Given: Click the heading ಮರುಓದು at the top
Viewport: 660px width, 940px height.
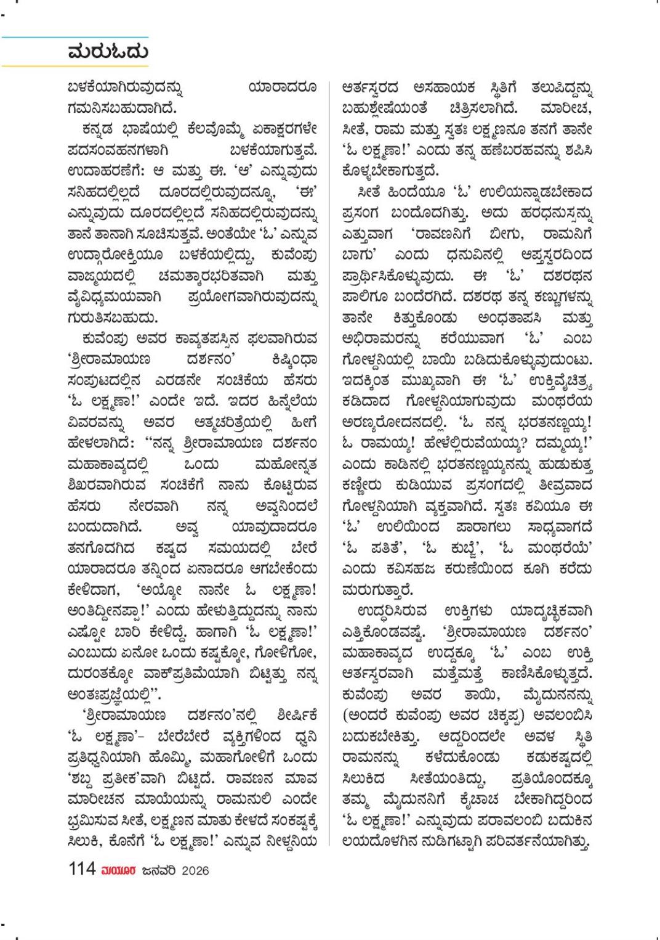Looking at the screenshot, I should point(108,51).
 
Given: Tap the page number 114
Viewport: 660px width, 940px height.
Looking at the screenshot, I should point(82,869).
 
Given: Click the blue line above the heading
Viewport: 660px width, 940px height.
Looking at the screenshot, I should point(74,37).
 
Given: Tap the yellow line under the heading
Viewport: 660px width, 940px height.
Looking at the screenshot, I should point(74,65).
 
